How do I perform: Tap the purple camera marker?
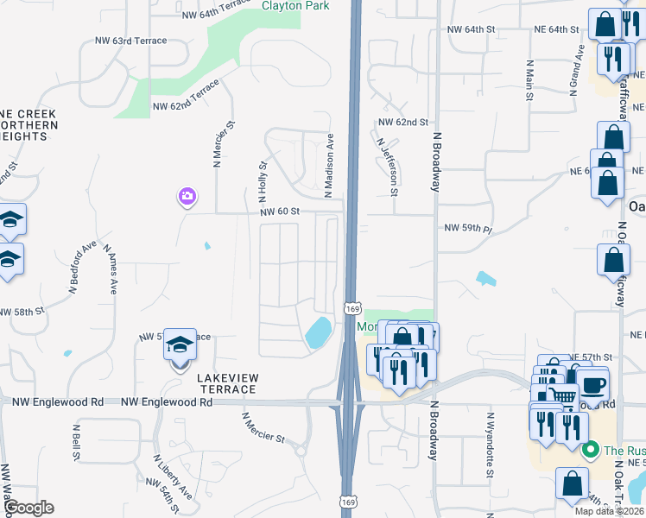point(187,198)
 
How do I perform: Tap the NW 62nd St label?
point(402,123)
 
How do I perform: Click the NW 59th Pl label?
point(467,229)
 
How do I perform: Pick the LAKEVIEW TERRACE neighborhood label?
point(226,383)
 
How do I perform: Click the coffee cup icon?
point(592,385)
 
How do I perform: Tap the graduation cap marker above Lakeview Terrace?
point(180,347)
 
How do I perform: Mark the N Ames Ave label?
point(110,268)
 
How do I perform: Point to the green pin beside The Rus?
point(591,450)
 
